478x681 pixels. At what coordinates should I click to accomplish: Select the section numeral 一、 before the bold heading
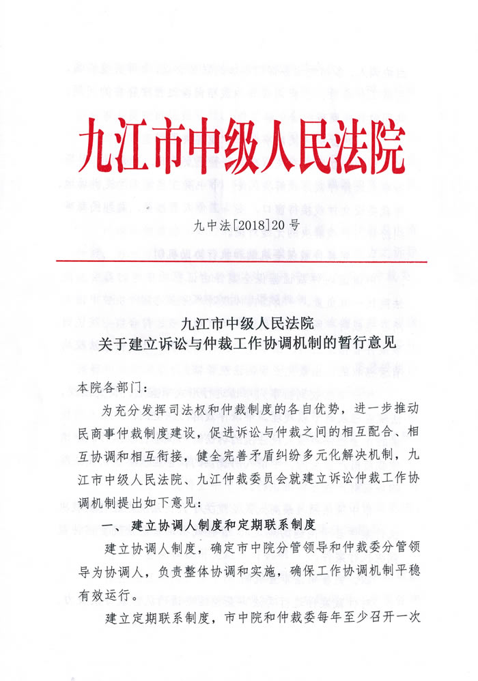(x=109, y=525)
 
